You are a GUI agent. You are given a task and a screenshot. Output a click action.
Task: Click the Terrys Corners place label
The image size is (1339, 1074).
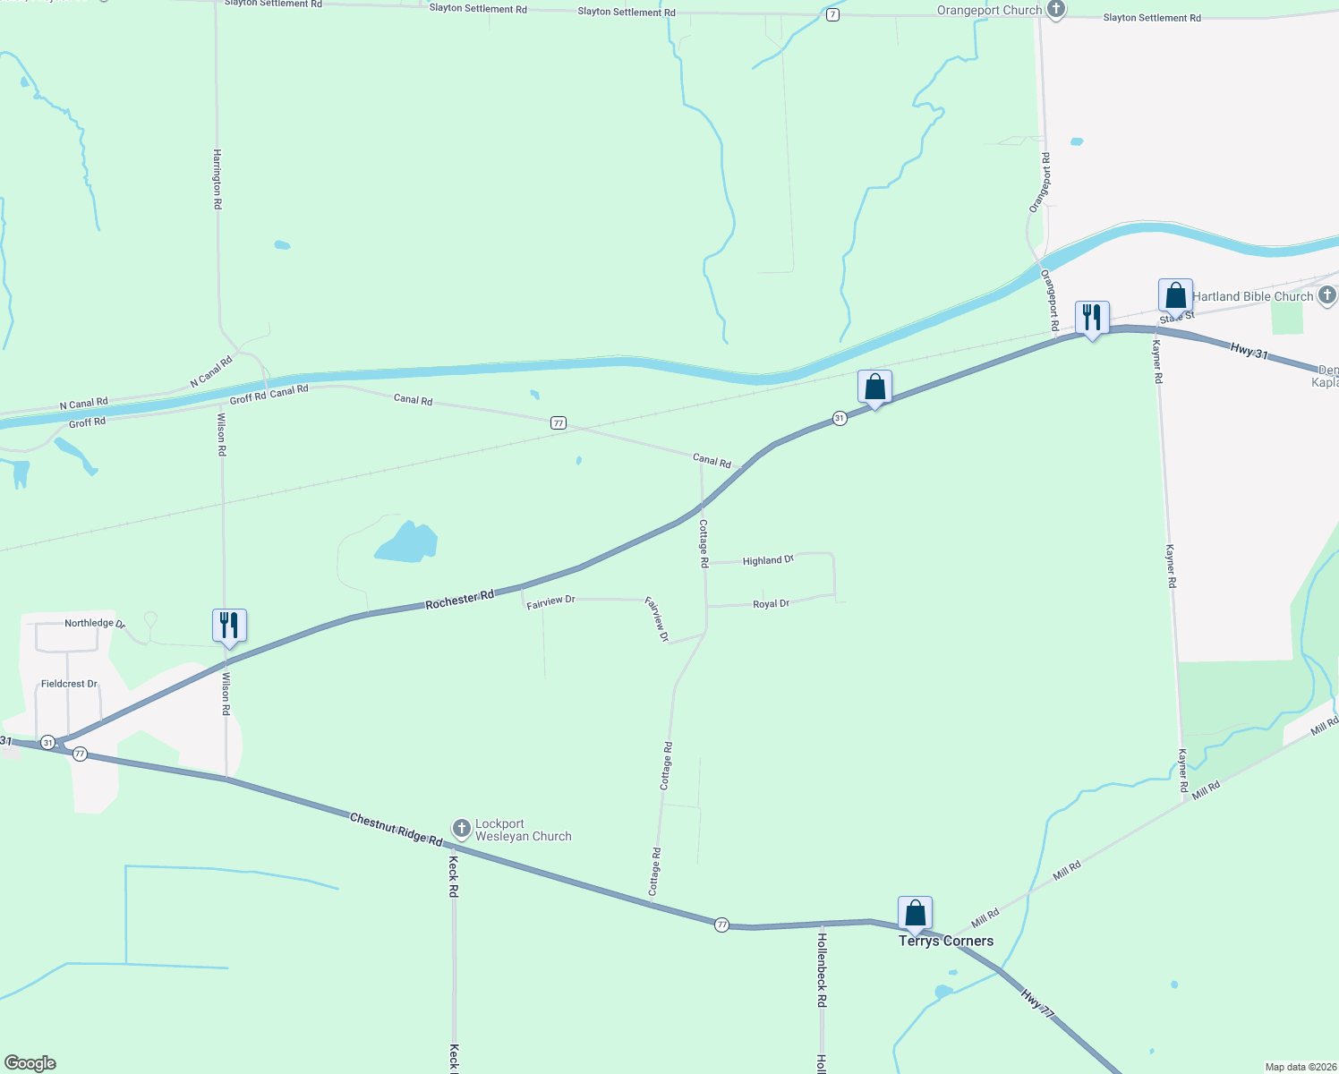[946, 941]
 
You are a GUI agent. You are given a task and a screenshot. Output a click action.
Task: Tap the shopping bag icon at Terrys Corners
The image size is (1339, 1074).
[915, 913]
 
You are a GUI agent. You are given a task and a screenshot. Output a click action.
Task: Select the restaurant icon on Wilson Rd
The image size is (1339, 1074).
[229, 626]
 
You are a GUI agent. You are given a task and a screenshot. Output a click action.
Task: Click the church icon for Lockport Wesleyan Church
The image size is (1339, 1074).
[461, 828]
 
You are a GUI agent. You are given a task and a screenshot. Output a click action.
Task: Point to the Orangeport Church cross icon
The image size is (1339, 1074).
[1056, 10]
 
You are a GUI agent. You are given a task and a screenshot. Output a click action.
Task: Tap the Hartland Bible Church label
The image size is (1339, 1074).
[1252, 296]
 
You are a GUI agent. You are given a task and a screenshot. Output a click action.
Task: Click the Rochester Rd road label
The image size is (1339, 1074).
[460, 600]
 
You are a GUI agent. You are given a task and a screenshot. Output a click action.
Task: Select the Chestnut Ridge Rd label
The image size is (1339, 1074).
[397, 830]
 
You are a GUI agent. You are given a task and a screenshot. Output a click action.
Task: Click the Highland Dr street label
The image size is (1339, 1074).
[768, 560]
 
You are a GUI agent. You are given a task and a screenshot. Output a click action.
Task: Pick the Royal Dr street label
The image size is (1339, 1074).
[771, 604]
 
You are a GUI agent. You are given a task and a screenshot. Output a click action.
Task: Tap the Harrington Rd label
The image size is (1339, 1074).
[217, 179]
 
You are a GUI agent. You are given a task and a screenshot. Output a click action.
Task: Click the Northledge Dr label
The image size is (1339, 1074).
[94, 623]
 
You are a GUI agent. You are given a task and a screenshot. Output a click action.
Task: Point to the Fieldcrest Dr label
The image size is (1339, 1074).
[69, 684]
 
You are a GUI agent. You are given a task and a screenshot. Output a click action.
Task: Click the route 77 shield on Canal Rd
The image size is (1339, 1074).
[559, 422]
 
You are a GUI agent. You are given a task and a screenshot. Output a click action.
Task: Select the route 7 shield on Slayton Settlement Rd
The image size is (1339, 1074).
[832, 15]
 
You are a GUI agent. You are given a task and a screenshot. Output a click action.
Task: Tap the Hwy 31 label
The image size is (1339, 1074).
[1249, 352]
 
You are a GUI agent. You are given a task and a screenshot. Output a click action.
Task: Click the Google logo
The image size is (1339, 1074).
[30, 1063]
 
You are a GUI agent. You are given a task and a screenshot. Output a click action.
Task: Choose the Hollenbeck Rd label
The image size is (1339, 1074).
[822, 970]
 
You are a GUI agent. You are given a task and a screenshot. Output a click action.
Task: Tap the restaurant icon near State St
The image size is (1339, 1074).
[1092, 318]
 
